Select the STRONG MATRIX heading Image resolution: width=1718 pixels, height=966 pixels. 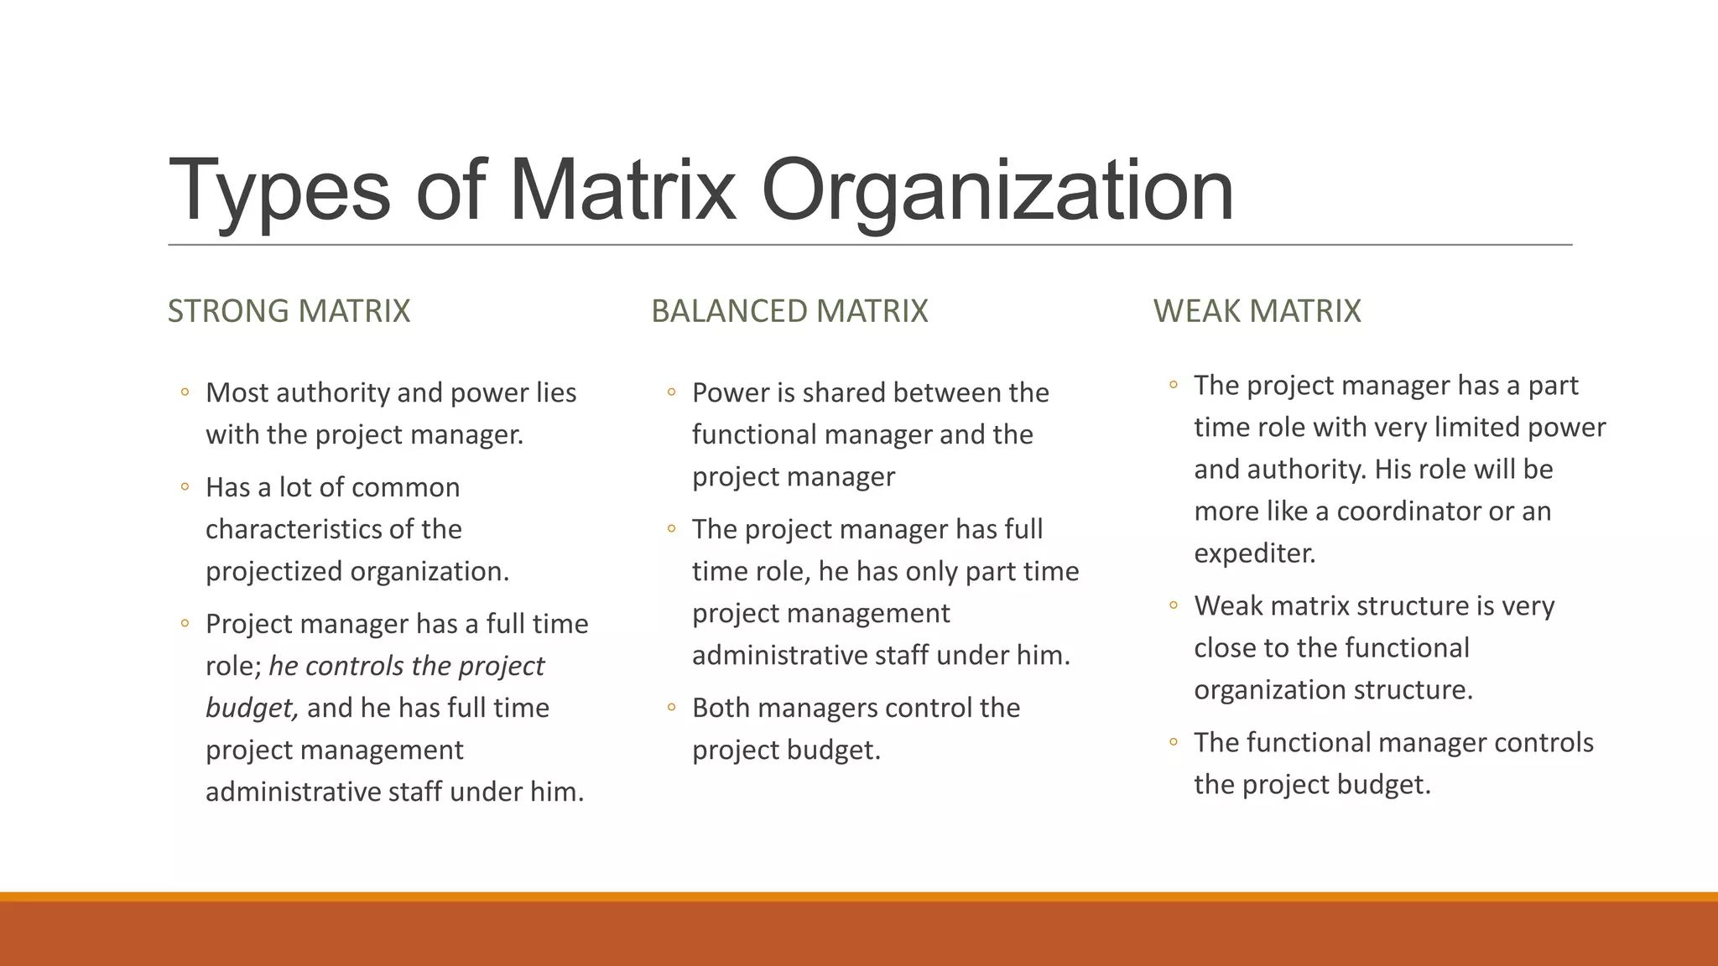(289, 311)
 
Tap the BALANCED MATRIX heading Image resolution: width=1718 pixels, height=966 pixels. (789, 311)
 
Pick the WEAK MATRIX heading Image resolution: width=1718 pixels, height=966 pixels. (1257, 311)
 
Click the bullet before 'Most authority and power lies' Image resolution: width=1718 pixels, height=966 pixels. (185, 392)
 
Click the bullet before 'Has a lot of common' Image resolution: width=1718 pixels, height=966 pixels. (185, 487)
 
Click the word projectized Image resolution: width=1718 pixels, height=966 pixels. (274, 571)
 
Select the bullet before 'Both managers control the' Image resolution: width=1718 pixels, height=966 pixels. (671, 708)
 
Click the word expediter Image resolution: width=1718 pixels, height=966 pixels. (1254, 553)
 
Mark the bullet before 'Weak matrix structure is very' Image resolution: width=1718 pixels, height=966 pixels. (1174, 605)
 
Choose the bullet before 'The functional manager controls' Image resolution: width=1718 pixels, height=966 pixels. (1174, 742)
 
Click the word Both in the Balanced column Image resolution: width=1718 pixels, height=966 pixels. (721, 708)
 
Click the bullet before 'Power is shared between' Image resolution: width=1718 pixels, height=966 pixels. (671, 392)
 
